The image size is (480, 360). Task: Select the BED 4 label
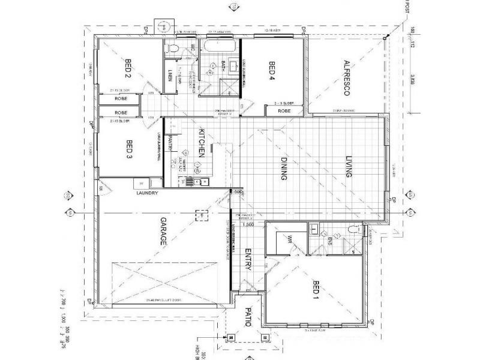pos(271,71)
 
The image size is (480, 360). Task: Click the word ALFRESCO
pos(346,78)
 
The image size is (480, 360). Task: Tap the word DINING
pos(284,169)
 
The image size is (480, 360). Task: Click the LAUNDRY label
pos(146,193)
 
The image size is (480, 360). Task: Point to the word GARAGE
pos(161,234)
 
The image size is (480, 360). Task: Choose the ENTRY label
pos(246,260)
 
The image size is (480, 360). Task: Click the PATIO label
pos(246,316)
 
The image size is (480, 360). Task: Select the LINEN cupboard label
pos(170,76)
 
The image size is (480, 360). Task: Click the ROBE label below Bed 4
pos(284,112)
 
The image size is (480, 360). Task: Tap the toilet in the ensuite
pos(355,229)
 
